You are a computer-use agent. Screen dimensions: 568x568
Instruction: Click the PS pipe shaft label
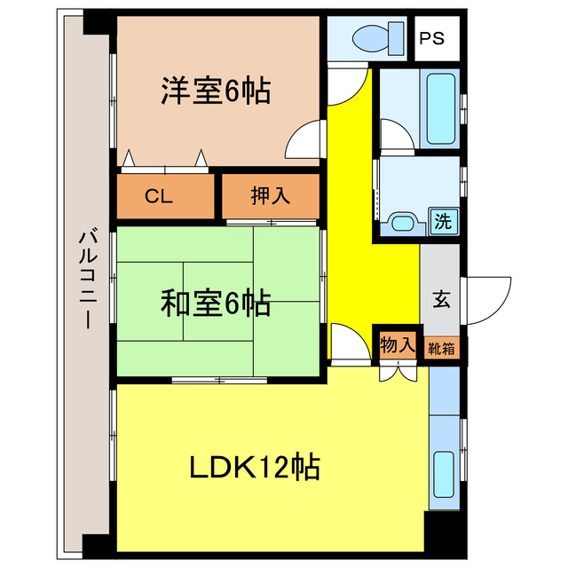(x=434, y=38)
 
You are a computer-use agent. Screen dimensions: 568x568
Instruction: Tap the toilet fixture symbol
(x=367, y=38)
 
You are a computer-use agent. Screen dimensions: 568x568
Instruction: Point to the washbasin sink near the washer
(x=405, y=223)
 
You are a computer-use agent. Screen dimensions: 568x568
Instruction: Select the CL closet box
(x=160, y=196)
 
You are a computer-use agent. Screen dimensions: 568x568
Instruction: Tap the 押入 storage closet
(x=270, y=196)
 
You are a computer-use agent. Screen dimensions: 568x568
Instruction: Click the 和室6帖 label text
(x=216, y=304)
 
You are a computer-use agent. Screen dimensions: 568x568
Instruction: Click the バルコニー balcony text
(x=87, y=280)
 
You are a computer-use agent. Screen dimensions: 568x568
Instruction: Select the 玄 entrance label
(x=440, y=299)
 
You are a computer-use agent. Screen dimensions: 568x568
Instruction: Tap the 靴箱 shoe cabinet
(x=442, y=349)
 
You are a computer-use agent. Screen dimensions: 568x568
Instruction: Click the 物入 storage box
(x=397, y=344)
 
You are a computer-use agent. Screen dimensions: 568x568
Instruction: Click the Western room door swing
(x=306, y=142)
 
